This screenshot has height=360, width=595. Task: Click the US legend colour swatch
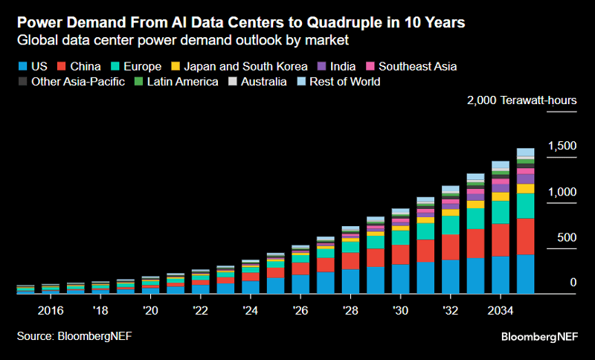[22, 66]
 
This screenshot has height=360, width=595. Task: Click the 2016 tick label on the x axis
[50, 309]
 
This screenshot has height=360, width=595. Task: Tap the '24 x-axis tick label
[251, 309]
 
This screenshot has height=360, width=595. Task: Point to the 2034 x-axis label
[500, 309]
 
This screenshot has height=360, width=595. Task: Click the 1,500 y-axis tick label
[562, 147]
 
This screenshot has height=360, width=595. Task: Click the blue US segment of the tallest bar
[525, 274]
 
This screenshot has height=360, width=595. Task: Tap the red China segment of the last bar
[525, 236]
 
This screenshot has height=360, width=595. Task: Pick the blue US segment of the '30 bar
[400, 279]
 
